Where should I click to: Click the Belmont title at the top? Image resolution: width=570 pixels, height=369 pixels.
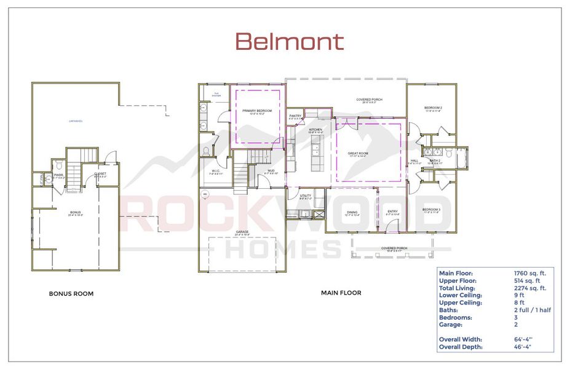point(289,42)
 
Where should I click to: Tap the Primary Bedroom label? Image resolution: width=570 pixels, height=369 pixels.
point(256,111)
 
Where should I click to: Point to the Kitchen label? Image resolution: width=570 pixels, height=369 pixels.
point(316,129)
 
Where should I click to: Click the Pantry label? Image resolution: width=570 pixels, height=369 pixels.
point(296,116)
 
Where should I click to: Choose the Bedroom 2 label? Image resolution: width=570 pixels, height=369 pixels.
point(433,108)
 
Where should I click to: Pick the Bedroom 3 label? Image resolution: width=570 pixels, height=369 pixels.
point(432,210)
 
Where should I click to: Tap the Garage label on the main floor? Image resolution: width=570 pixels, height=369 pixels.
point(242,232)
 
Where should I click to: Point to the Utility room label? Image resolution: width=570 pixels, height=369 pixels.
point(306,196)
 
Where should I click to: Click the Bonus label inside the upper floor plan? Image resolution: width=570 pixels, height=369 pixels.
point(75,212)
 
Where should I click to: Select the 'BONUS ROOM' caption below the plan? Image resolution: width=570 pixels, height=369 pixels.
point(71,294)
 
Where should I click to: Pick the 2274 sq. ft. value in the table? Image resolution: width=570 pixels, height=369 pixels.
point(530,287)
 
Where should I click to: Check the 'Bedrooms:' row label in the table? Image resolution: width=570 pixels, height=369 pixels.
point(456,317)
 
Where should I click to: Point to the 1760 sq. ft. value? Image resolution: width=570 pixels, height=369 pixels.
point(530,272)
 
